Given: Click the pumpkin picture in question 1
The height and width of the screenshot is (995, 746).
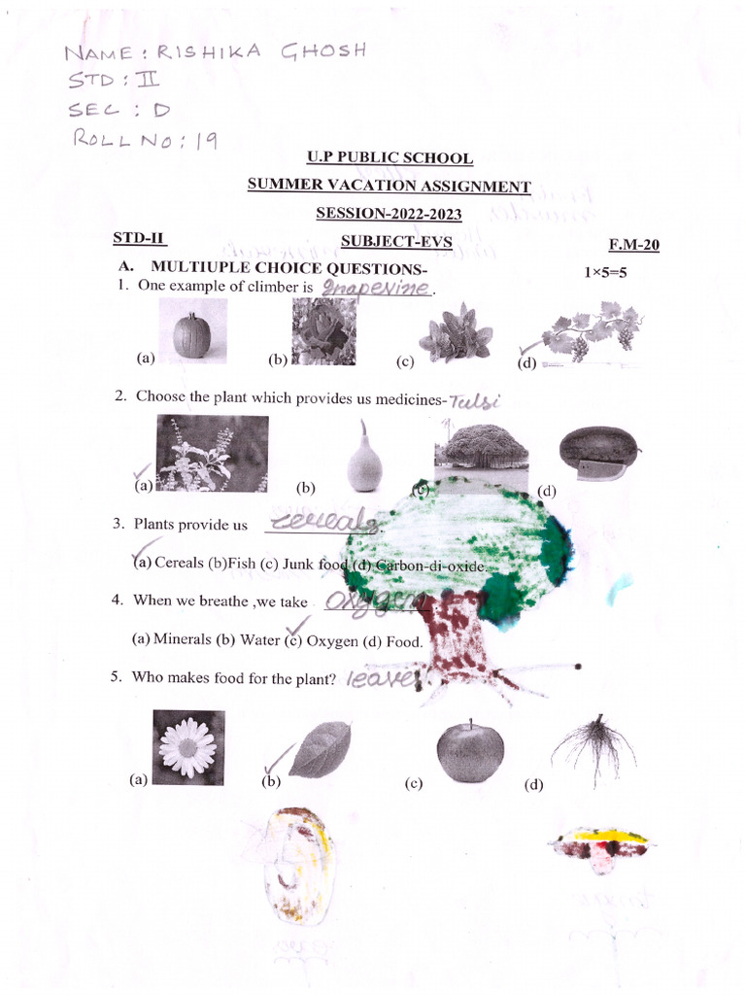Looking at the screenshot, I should pos(192,332).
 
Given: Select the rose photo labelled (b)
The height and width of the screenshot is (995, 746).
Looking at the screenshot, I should pos(323,331).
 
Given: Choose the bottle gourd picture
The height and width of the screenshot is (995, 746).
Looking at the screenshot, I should pos(365,459).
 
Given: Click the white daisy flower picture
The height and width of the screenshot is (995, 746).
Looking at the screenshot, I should pos(189,747).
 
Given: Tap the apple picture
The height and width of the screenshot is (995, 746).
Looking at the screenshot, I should pos(470,751).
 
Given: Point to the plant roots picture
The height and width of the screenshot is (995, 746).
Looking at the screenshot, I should pos(593,748).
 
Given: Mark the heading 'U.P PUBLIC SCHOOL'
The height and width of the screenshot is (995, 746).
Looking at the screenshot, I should pos(390,157).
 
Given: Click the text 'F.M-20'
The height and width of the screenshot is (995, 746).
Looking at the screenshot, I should pos(633,245).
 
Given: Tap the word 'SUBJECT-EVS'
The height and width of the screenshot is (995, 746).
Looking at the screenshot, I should pos(396,242).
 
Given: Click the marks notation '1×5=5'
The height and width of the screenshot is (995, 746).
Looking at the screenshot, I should pos(605,272).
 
